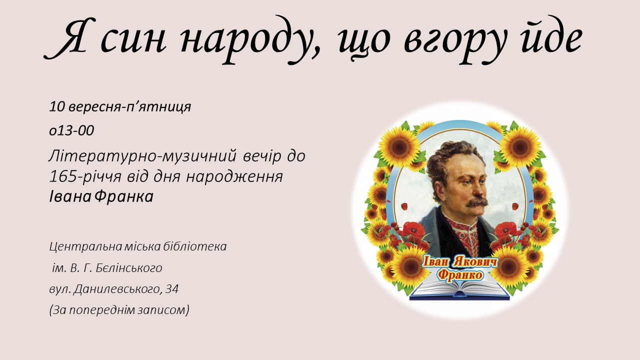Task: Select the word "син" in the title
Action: [x=133, y=40]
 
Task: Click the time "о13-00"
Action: [x=71, y=130]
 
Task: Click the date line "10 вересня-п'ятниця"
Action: [x=120, y=107]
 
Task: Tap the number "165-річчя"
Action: [x=85, y=176]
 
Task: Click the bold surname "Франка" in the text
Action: [x=124, y=196]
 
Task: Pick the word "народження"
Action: [x=234, y=177]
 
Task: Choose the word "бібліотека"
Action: [x=194, y=246]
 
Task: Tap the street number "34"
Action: [x=172, y=289]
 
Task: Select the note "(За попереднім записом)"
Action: [x=119, y=310]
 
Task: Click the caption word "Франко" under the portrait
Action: [x=460, y=275]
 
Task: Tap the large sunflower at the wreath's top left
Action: [x=399, y=146]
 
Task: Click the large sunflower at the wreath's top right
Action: [x=520, y=146]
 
